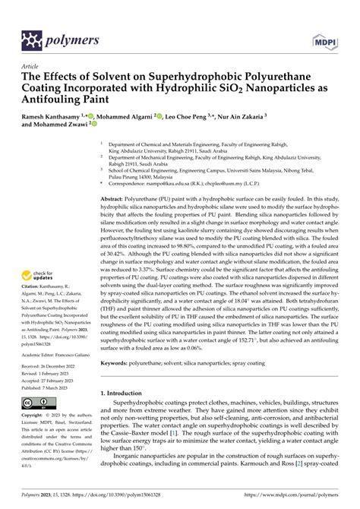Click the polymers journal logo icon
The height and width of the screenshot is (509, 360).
click(31, 39)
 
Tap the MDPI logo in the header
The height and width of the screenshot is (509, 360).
click(324, 39)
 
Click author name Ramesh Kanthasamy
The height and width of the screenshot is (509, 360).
click(55, 118)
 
